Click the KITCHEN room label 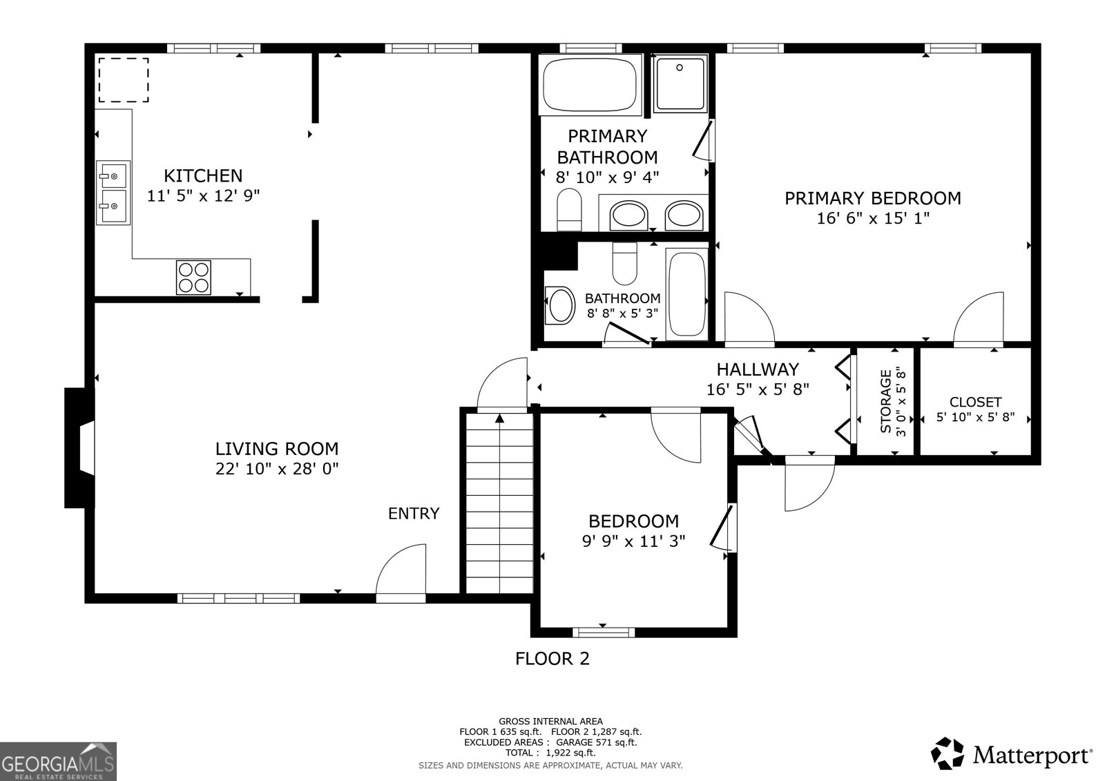(203, 175)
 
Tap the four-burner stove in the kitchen (193, 277)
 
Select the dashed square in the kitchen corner (123, 80)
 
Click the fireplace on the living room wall (79, 448)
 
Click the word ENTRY (413, 513)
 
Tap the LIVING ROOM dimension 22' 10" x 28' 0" (276, 469)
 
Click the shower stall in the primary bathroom (680, 84)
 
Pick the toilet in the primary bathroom (570, 209)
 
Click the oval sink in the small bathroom (560, 305)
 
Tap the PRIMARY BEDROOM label (872, 198)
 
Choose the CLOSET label (975, 402)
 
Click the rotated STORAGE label (886, 402)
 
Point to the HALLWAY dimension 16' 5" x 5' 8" (758, 389)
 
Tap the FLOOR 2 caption (552, 658)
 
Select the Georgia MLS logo (58, 761)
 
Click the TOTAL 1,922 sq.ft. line (550, 753)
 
